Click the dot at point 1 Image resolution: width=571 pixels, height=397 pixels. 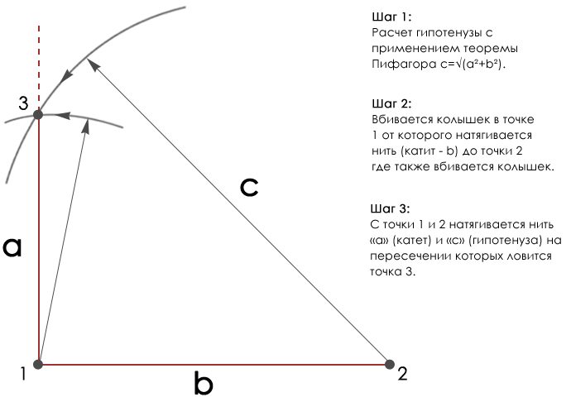click(38, 364)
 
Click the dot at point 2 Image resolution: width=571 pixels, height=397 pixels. click(390, 364)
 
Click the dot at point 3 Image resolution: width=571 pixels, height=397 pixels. click(38, 115)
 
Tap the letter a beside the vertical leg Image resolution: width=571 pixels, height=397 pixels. click(12, 247)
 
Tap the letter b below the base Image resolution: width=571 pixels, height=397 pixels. click(204, 383)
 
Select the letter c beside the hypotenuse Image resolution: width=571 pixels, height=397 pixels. click(249, 188)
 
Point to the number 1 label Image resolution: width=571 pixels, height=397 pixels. click(23, 374)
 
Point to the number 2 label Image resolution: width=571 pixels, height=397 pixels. click(402, 374)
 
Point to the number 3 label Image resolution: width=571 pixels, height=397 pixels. click(23, 103)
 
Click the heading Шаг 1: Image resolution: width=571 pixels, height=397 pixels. click(391, 17)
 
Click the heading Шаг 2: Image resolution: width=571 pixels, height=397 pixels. click(391, 103)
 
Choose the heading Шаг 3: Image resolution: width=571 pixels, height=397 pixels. click(390, 209)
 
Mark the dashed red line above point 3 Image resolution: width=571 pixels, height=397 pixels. click(39, 68)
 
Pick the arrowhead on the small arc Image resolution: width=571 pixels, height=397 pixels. click(63, 115)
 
